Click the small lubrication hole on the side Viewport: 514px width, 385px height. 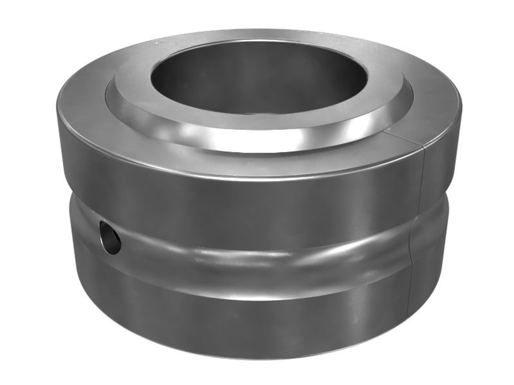tap(110, 234)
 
